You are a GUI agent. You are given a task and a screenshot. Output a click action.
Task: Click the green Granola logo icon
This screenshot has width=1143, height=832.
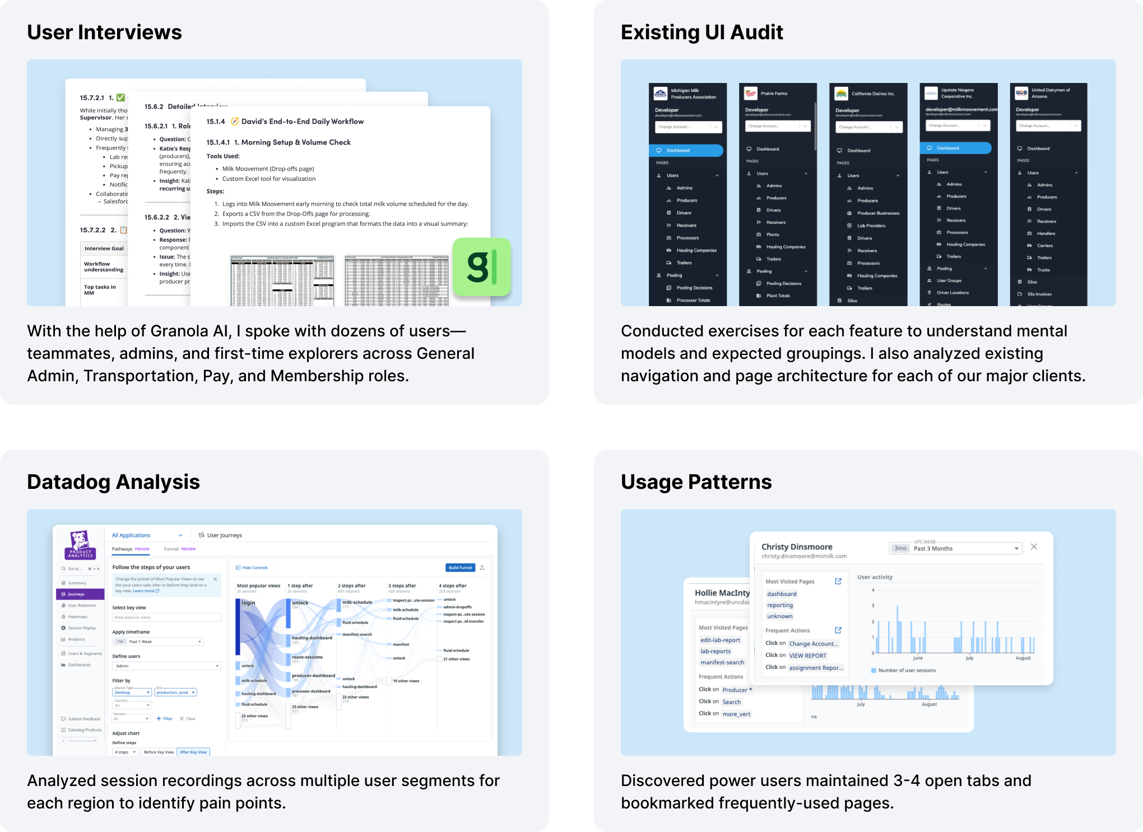point(481,267)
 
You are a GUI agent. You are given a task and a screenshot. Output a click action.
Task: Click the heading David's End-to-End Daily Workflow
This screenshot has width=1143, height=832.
point(302,122)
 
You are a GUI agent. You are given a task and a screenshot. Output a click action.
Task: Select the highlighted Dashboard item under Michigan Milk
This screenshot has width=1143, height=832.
point(686,150)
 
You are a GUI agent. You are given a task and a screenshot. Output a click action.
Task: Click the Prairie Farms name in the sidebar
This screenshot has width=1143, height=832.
point(774,94)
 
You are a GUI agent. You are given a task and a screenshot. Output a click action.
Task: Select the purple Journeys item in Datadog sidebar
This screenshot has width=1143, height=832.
point(80,594)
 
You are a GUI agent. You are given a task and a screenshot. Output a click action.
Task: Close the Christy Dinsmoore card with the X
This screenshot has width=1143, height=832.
point(1034,547)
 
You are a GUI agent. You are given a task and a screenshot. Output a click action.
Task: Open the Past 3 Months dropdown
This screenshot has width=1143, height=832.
point(955,548)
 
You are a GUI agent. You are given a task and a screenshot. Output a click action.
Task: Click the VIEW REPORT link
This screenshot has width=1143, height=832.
point(807,655)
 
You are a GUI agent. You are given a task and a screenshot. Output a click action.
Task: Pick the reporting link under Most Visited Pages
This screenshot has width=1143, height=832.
point(780,605)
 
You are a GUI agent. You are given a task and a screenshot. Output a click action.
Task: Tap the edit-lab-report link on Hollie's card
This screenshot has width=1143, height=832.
point(720,640)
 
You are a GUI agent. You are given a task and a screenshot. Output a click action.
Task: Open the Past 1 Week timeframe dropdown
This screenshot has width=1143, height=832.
point(158,641)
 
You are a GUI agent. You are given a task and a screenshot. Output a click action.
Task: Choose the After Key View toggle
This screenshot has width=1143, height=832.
point(193,752)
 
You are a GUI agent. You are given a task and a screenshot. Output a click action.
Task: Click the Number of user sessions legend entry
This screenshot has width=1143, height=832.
point(907,671)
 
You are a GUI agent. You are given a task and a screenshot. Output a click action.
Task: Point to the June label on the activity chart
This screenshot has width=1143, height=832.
point(917,658)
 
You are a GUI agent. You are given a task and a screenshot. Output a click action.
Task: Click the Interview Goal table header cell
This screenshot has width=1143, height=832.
point(104,248)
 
